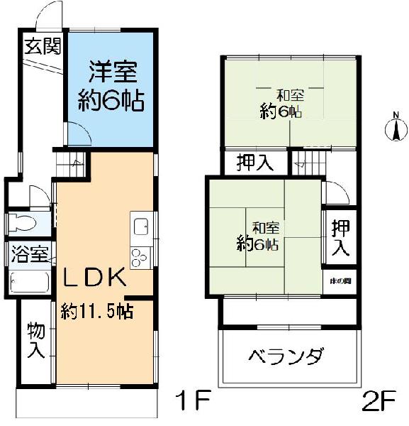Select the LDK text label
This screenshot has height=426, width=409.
[x=96, y=277]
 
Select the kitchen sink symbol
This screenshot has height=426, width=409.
[x=140, y=227]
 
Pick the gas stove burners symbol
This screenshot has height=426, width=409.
[x=138, y=256]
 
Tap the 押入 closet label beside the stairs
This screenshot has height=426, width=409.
[x=254, y=163]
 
